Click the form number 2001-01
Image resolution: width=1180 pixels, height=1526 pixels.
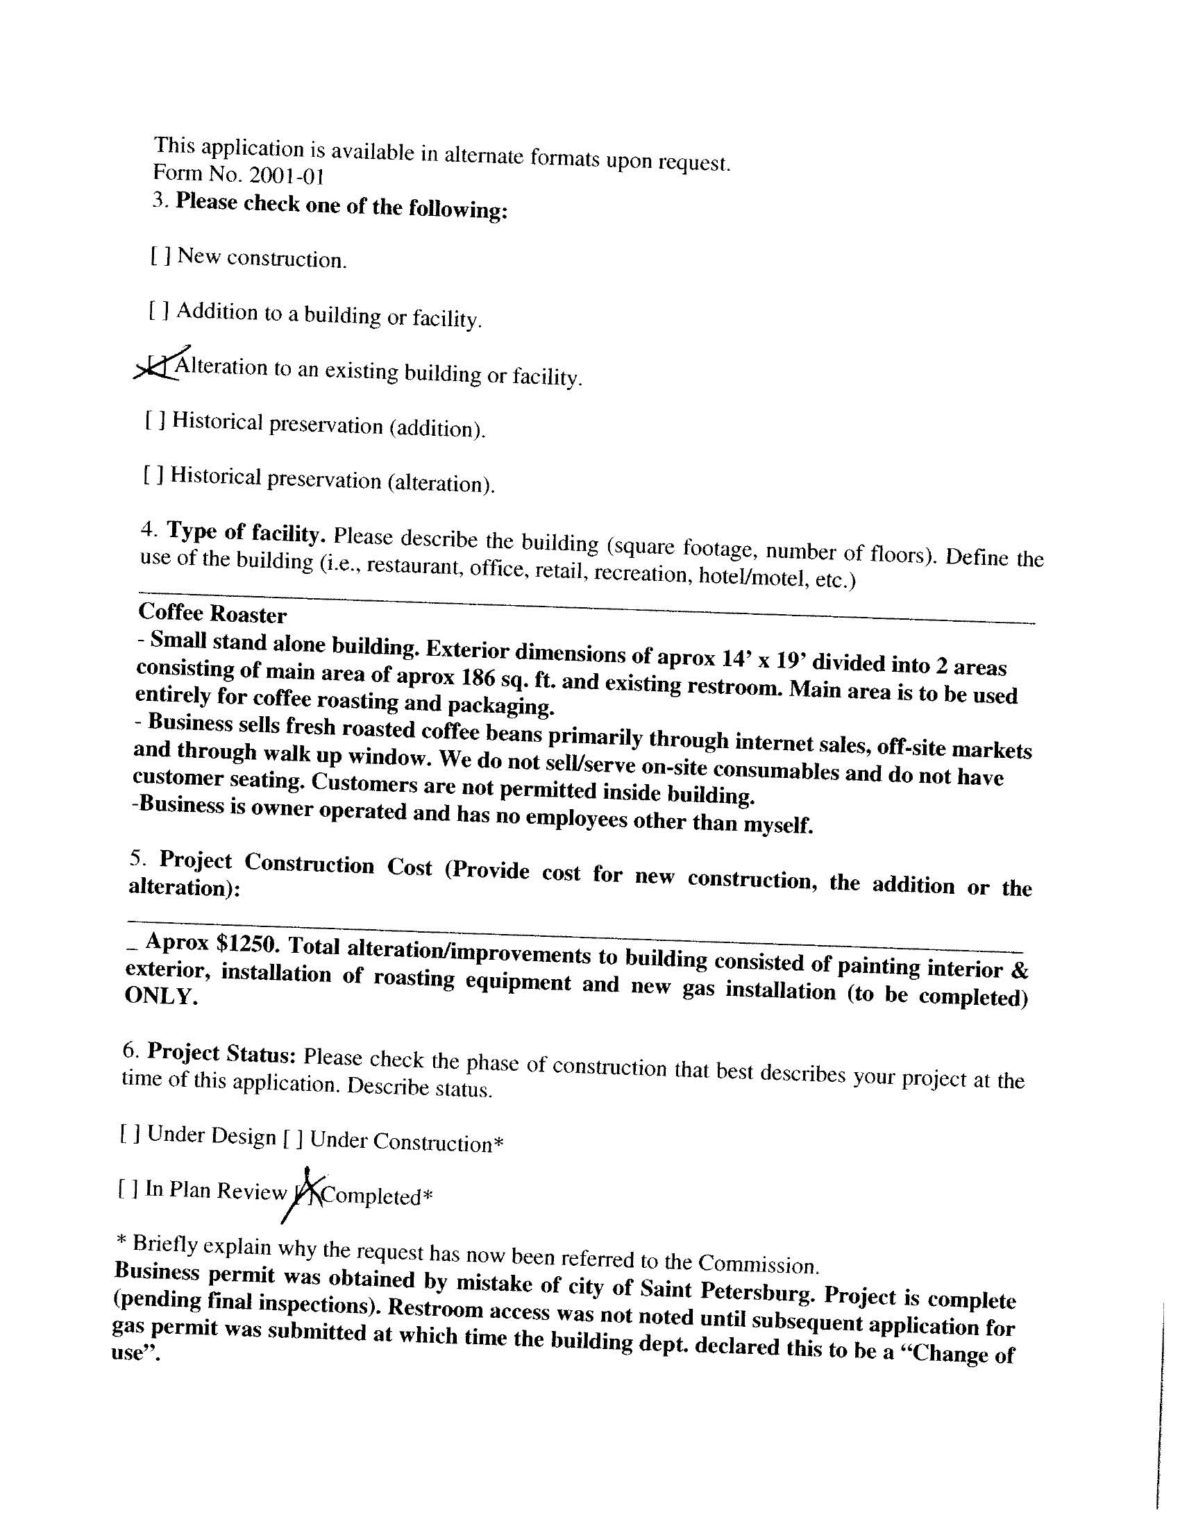click(286, 175)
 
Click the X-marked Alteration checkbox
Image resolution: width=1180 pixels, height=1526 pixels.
click(158, 366)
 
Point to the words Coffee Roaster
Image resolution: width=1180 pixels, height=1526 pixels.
click(212, 613)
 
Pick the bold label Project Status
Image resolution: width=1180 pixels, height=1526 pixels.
click(223, 1053)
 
